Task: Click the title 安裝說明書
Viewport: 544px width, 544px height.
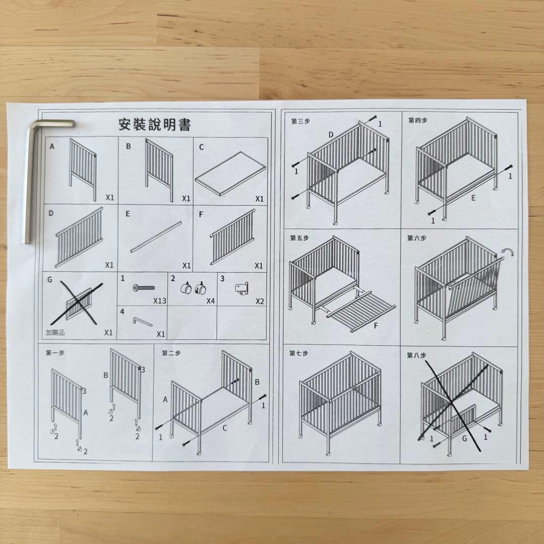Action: coord(155,124)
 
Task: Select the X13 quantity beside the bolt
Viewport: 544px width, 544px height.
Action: coord(160,301)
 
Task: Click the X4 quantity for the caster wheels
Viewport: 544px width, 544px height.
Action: coord(211,301)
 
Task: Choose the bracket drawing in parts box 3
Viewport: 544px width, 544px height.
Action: coord(242,289)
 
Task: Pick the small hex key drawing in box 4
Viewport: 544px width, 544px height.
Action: coord(143,321)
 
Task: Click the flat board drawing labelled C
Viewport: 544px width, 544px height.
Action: coord(230,173)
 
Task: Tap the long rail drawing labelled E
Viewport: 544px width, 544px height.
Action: coord(156,237)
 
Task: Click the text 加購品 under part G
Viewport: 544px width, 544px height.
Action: coord(55,332)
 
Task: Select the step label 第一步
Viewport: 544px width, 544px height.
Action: coord(55,353)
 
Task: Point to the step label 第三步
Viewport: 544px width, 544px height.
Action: coord(300,121)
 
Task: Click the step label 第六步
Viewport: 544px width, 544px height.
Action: coord(417,238)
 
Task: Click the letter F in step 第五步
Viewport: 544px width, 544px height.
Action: coord(376,326)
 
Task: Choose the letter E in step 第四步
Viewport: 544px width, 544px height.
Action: coord(473,198)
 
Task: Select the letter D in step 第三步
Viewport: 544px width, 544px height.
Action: coord(331,134)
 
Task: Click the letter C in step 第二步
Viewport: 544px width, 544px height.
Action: coord(225,428)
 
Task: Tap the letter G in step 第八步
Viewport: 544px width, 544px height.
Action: coord(464,439)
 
